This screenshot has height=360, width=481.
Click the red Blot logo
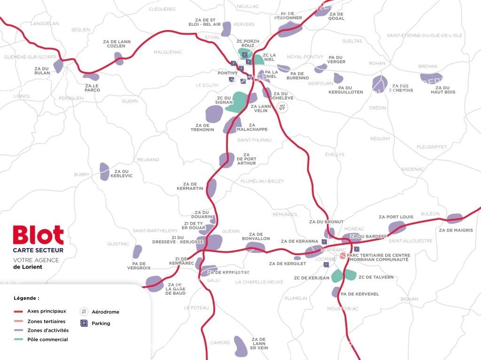click(38, 235)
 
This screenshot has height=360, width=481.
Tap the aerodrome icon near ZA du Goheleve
click(282, 107)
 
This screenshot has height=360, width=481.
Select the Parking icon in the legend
click(84, 323)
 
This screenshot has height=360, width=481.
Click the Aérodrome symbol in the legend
click(84, 312)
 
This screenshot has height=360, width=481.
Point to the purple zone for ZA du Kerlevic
click(104, 172)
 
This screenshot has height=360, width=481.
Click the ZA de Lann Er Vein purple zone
click(240, 345)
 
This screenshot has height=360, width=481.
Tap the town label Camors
click(220, 343)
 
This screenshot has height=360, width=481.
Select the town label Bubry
click(81, 174)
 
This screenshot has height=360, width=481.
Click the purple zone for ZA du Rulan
click(58, 66)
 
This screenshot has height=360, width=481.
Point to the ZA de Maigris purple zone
click(454, 218)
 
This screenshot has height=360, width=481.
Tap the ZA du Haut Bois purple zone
click(431, 78)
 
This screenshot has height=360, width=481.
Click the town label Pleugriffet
click(432, 147)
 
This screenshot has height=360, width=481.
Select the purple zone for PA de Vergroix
click(137, 251)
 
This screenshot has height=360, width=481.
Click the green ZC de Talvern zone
click(350, 274)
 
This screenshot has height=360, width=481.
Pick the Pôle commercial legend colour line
click(18, 339)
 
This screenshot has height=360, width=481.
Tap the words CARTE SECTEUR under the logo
click(38, 250)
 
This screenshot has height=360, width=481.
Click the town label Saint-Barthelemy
click(155, 231)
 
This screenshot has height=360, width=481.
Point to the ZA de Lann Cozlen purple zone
click(118, 59)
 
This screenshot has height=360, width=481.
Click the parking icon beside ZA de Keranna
click(324, 242)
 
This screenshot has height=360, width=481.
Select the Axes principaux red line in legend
click(18, 311)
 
